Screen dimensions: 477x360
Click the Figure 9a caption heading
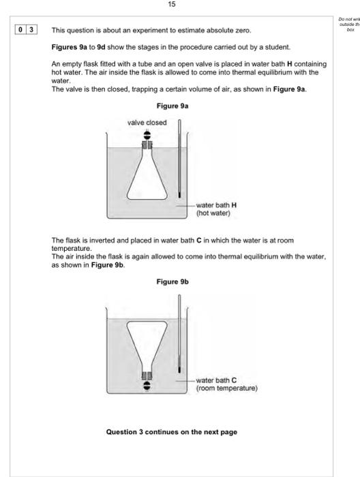tap(172, 106)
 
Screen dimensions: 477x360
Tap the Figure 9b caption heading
tap(172, 281)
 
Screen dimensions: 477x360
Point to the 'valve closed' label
tap(147, 123)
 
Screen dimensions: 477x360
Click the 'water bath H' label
tap(216, 205)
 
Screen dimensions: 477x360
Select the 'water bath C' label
tap(216, 380)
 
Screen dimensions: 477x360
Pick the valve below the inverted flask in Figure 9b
tap(146, 386)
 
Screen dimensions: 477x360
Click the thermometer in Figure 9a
tap(179, 164)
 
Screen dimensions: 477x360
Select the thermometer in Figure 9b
tap(179, 337)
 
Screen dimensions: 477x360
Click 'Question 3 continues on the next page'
tap(172, 432)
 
